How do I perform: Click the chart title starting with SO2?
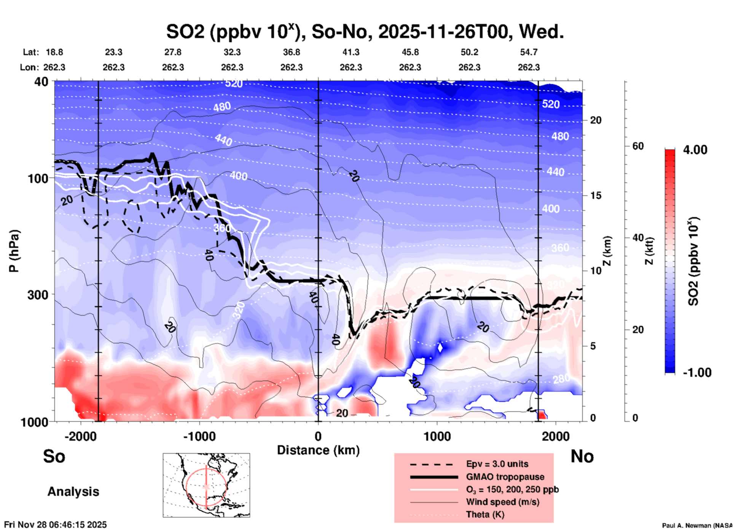[x=365, y=32]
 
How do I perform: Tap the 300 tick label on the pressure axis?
[x=38, y=295]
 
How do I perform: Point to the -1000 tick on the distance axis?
[x=199, y=436]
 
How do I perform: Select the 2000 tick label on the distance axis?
[x=556, y=436]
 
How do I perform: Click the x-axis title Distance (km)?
[x=318, y=450]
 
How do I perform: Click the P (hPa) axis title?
[x=14, y=251]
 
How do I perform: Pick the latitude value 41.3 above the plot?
[x=351, y=52]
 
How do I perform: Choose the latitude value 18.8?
[x=54, y=52]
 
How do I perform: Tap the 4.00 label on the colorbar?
[x=695, y=150]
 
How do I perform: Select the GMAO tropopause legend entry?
[x=505, y=477]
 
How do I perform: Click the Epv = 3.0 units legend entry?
[x=497, y=464]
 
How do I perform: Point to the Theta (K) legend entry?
[x=485, y=514]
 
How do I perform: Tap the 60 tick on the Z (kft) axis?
[x=638, y=146]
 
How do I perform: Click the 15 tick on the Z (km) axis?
[x=595, y=195]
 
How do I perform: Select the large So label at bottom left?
[x=54, y=456]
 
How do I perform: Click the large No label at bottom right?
[x=582, y=456]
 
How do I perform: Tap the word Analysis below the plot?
[x=73, y=492]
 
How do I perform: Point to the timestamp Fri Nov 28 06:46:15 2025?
[x=56, y=525]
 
